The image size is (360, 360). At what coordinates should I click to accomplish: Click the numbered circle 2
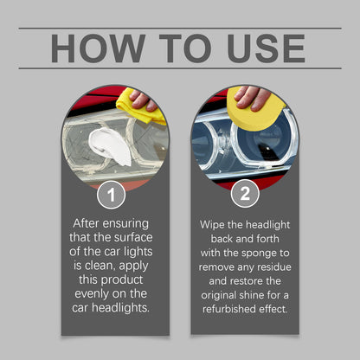tap(245, 193)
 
